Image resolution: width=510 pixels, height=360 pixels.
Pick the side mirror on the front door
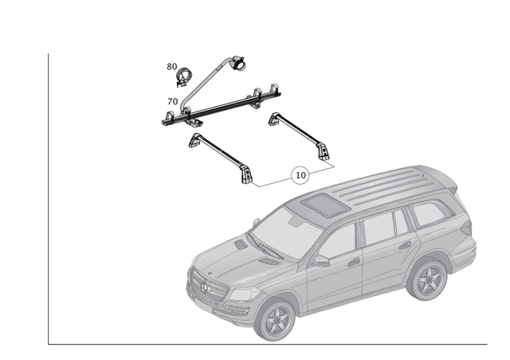click(320, 260)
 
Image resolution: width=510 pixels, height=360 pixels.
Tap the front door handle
click(353, 260)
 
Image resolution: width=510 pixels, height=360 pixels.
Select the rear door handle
click(404, 245)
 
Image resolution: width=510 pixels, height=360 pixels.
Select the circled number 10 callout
click(300, 174)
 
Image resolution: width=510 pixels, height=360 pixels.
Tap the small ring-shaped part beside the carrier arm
click(182, 76)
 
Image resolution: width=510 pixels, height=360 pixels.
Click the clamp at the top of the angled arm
click(237, 61)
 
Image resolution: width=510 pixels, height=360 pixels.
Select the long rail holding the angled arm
click(223, 108)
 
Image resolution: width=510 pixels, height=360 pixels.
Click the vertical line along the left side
click(49, 199)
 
